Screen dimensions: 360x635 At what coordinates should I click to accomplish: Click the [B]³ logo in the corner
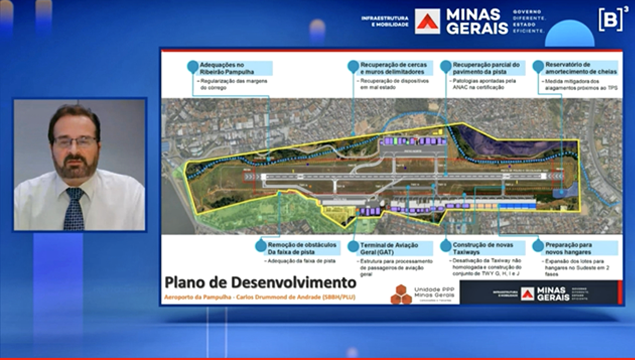(x=606, y=18)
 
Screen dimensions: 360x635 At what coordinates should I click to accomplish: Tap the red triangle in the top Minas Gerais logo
(x=428, y=20)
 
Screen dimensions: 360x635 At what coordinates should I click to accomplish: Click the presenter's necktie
(x=73, y=208)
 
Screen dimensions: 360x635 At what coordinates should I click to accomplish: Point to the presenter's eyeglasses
(x=75, y=141)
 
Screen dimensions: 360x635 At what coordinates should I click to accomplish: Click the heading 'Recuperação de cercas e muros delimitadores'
(x=396, y=69)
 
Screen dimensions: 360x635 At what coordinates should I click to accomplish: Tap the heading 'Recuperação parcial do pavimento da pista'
(x=487, y=69)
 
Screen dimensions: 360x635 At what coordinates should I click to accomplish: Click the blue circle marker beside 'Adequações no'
(x=192, y=66)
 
